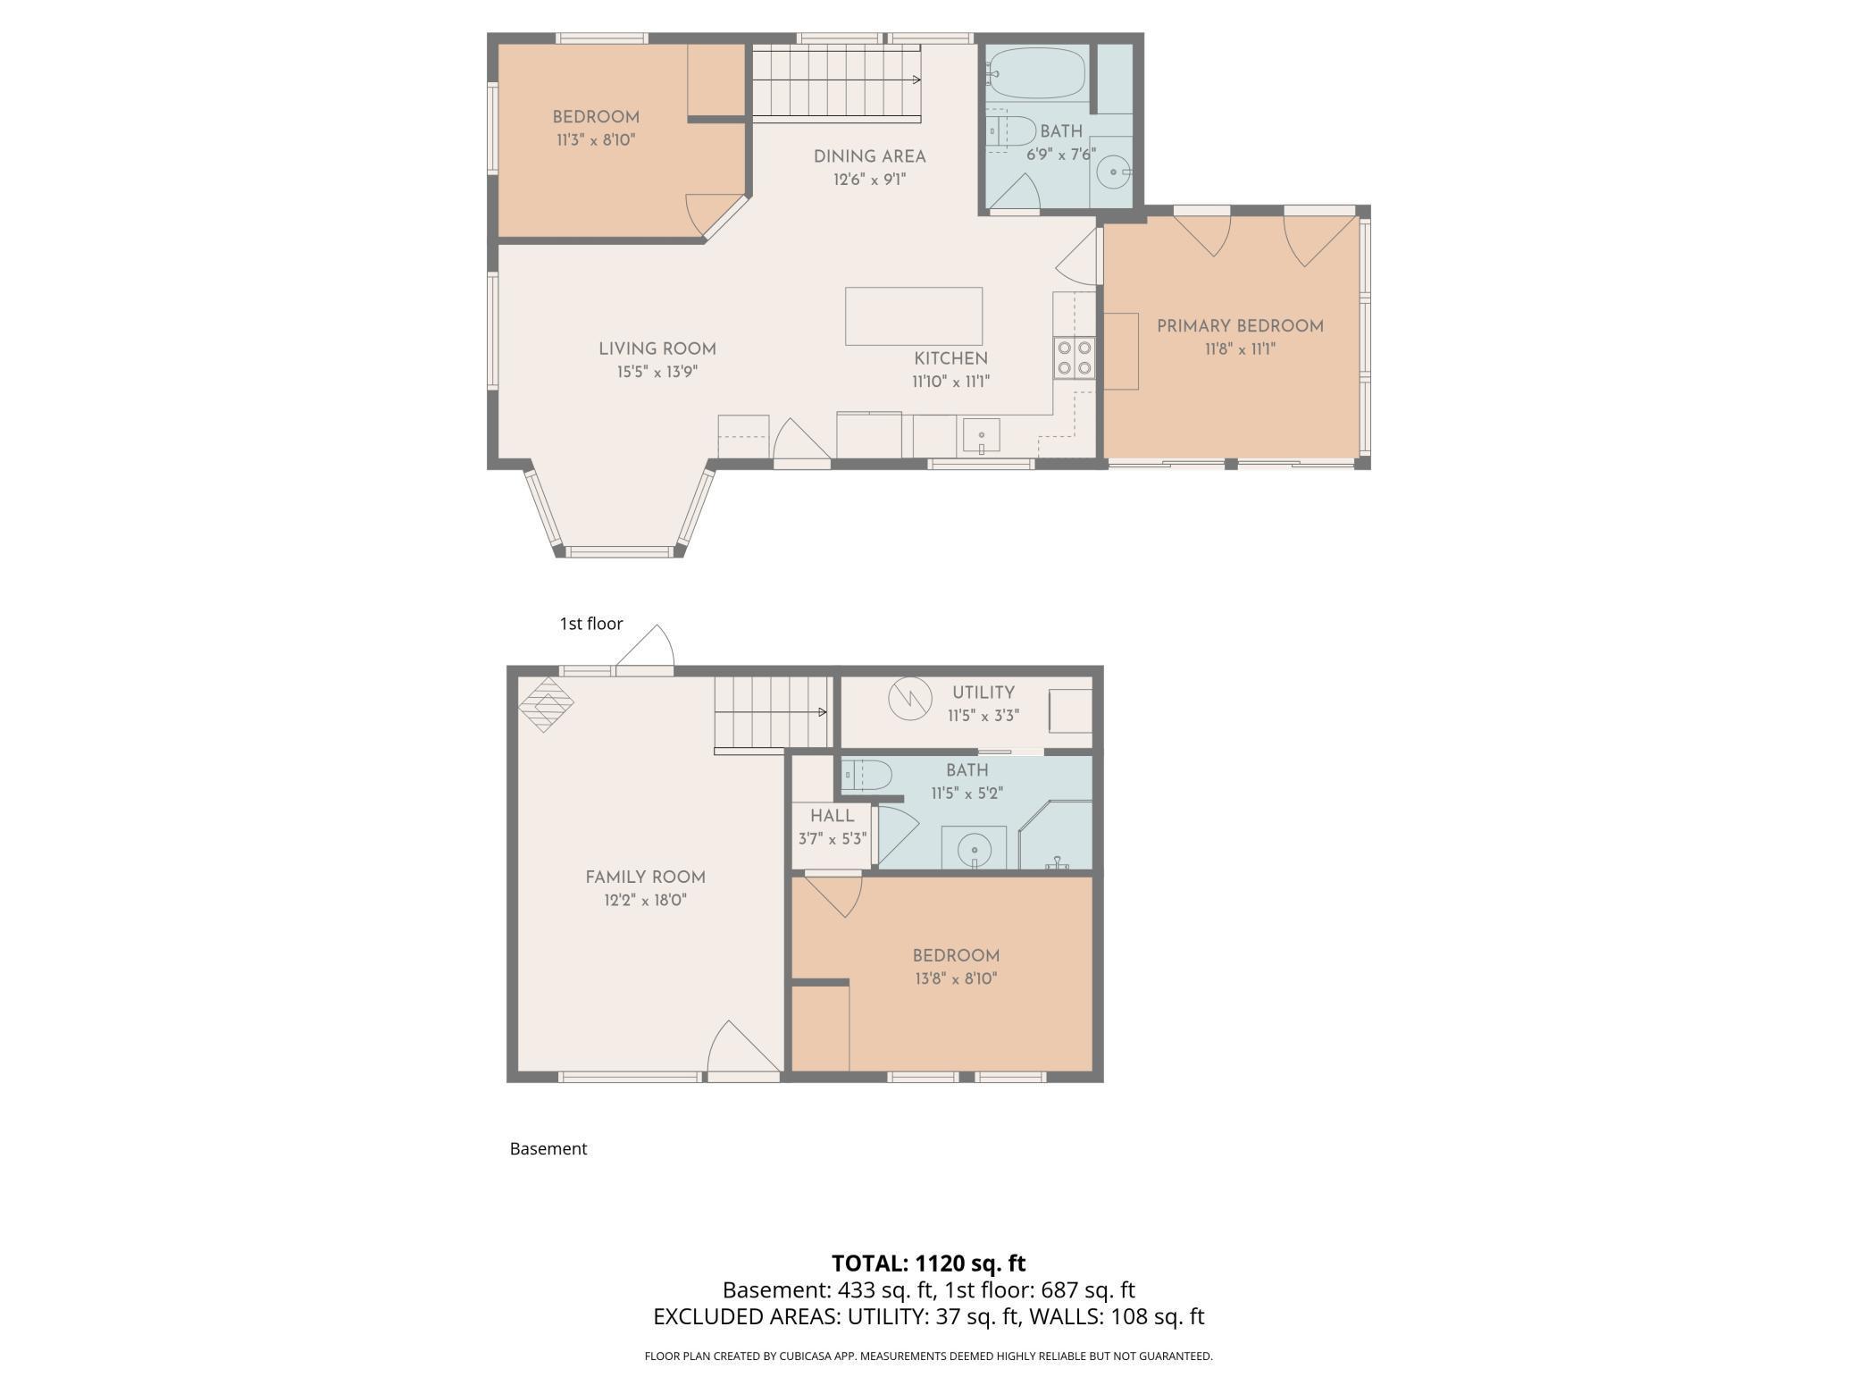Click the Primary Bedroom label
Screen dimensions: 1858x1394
click(x=1240, y=326)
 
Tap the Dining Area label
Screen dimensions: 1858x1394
click(x=869, y=156)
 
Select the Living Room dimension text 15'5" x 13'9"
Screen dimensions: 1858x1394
click(x=657, y=372)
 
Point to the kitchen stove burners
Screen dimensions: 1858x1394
click(x=1074, y=357)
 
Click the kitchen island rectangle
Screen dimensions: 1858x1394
click(x=914, y=315)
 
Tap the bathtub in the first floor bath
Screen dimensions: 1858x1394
click(x=1037, y=73)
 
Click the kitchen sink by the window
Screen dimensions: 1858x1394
click(x=981, y=436)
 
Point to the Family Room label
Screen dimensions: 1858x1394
click(x=645, y=878)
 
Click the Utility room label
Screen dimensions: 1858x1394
click(x=983, y=693)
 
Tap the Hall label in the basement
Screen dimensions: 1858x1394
click(x=832, y=816)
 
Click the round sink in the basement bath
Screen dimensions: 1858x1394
click(x=974, y=848)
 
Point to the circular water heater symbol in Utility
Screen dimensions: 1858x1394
click(x=910, y=699)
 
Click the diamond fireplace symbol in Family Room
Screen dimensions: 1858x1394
click(x=546, y=704)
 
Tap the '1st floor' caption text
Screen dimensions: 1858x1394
click(x=590, y=624)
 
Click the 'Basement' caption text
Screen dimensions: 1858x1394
click(x=548, y=1149)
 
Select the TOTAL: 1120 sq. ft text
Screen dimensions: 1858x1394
click(x=928, y=1264)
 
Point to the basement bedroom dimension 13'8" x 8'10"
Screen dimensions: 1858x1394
click(x=956, y=978)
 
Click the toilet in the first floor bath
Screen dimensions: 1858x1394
click(x=1011, y=130)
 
